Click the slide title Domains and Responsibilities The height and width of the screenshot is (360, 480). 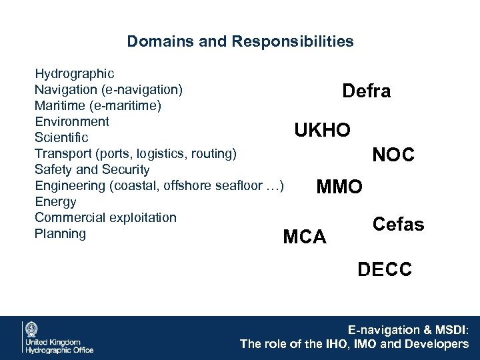pos(240,42)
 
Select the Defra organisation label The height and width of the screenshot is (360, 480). pos(366,91)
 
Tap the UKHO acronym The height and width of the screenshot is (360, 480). pos(323,131)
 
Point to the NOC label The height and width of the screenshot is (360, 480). pos(393,155)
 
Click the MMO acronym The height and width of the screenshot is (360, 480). pos(339,186)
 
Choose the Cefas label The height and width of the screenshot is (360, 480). pos(398,225)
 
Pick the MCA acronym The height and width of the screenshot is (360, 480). pos(305,237)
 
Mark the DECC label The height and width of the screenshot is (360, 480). pos(385,269)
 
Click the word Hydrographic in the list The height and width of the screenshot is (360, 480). pos(74,73)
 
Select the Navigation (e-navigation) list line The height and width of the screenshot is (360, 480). pos(109,89)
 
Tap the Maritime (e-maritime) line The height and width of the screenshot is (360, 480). pos(97,105)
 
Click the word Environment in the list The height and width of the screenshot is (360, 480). pos(71,121)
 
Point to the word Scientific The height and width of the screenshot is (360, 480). pos(61,137)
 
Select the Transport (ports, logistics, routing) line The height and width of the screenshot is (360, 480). pos(135,153)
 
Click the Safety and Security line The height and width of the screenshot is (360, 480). pos(92,169)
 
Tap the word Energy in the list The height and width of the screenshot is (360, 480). pos(55,201)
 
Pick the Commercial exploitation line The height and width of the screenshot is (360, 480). pos(105,217)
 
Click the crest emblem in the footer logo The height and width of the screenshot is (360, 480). pos(31,329)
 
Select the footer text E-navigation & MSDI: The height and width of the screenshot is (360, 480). pos(408,330)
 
